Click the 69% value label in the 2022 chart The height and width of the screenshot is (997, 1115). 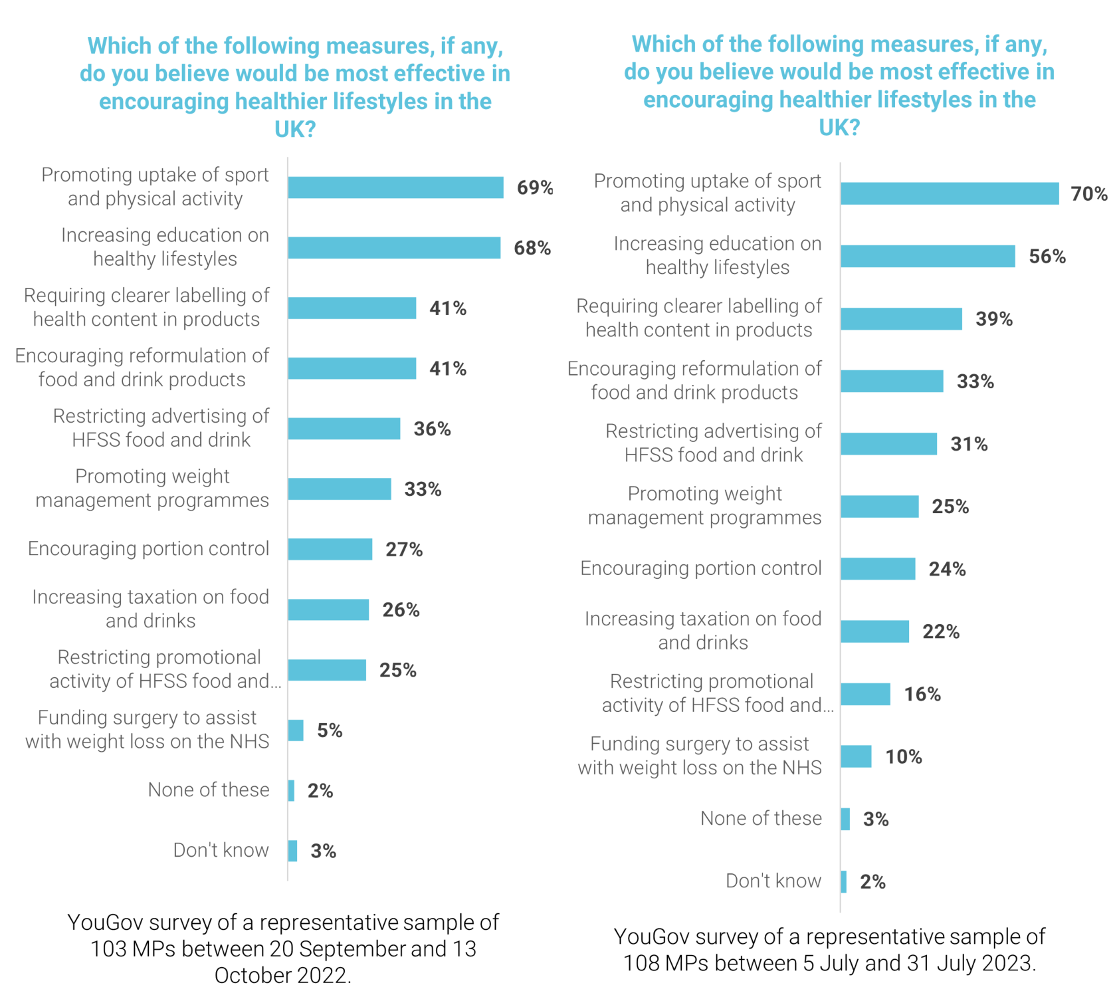535,187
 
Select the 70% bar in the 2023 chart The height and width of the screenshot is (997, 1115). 949,193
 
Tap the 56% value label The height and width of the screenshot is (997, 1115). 1047,257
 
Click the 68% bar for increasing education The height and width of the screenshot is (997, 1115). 394,248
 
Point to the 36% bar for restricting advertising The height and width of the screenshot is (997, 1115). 344,429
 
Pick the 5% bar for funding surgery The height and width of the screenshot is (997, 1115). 296,730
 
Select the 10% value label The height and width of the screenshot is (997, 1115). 904,757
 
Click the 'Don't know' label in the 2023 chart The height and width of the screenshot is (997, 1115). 773,881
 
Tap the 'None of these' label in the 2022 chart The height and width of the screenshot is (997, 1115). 209,790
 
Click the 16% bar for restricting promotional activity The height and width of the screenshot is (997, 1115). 865,694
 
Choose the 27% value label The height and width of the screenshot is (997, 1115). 404,550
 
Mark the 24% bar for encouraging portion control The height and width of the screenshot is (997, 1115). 878,569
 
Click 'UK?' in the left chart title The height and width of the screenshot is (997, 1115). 295,129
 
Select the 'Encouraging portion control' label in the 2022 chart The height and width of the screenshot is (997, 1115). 148,549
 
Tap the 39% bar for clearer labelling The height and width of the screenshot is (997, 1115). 901,319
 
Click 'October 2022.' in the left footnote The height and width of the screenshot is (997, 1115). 282,975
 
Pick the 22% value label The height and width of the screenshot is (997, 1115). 941,632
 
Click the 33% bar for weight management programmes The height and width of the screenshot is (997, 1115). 340,489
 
